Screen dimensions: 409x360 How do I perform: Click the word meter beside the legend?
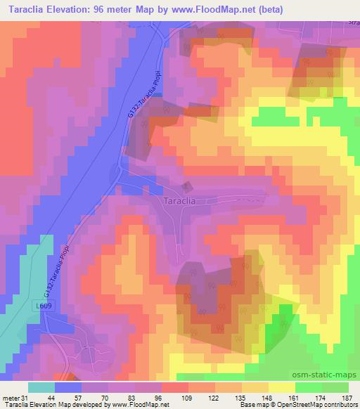coord(10,396)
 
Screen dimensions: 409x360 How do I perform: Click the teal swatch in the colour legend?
coord(41,387)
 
